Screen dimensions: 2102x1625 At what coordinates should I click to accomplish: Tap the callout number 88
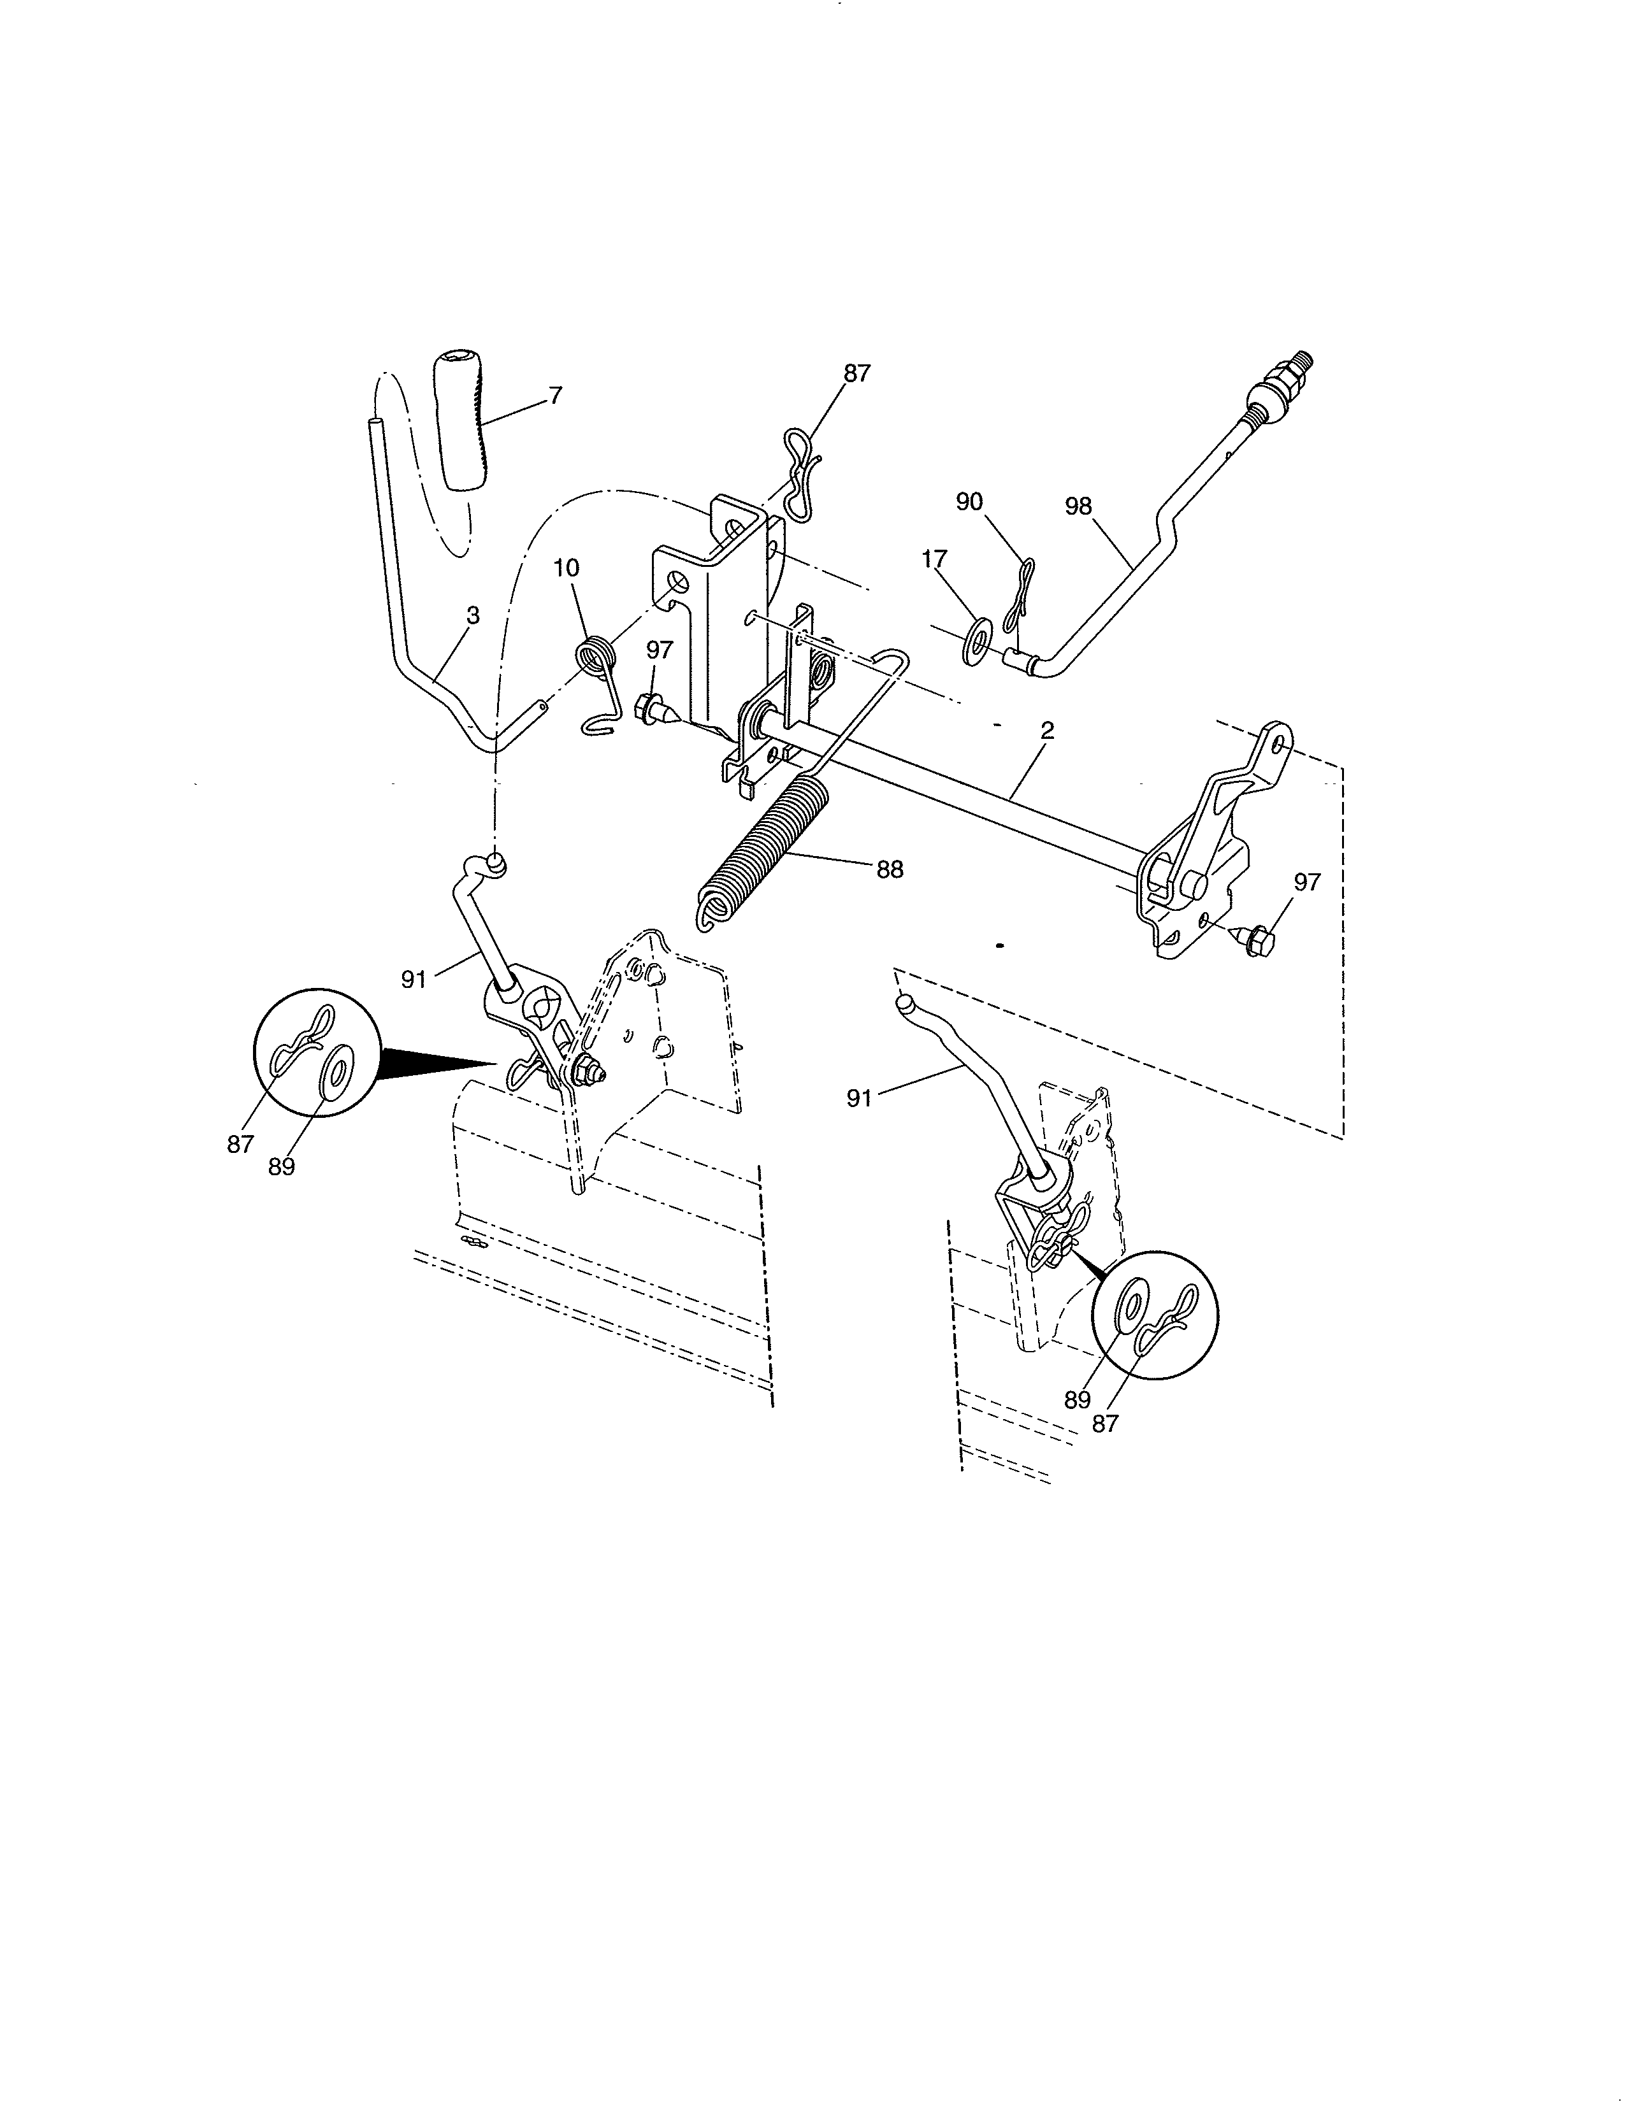pyautogui.click(x=890, y=869)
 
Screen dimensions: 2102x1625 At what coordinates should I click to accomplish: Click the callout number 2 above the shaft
pyautogui.click(x=1048, y=731)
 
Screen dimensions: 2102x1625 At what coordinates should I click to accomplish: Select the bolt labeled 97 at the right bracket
pyautogui.click(x=1254, y=940)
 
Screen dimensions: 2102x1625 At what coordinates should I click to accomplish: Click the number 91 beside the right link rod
pyautogui.click(x=860, y=1097)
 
